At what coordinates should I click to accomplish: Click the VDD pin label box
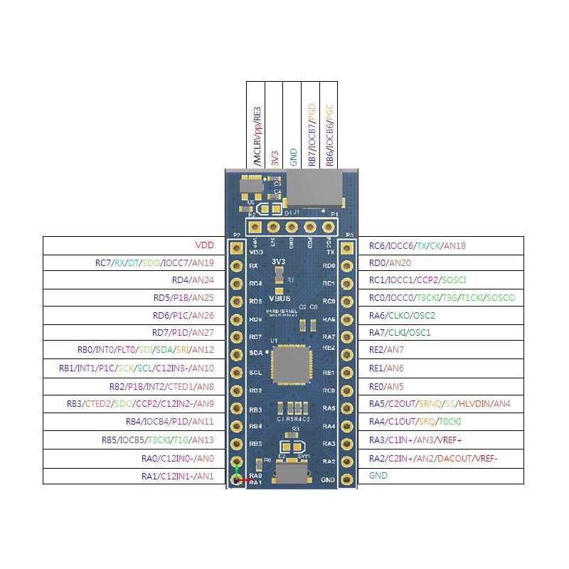coord(203,245)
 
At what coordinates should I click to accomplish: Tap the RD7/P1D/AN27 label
coord(183,333)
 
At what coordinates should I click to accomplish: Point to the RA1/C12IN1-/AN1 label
coord(177,475)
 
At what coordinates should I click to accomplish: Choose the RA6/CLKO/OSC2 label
coord(402,315)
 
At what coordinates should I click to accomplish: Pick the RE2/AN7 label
coord(385,350)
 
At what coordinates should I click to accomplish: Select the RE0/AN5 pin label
coord(385,386)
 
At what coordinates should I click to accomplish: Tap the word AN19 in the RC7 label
coord(203,263)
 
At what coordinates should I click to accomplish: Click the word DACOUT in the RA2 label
coord(454,457)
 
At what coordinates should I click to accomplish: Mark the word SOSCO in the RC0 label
coord(501,297)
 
